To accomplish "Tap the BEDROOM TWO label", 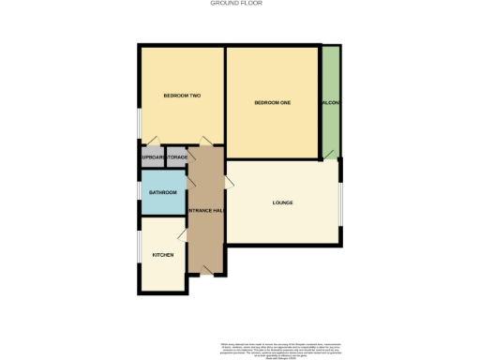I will point(181,96).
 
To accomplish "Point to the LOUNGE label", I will point(282,202).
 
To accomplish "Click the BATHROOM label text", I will point(162,192).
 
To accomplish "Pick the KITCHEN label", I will point(163,255).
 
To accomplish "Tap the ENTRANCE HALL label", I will point(205,210).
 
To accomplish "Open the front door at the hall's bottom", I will point(205,270).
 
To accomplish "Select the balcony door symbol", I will point(329,155).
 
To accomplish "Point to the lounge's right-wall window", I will point(340,202).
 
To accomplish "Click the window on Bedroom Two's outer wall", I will point(140,121).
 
